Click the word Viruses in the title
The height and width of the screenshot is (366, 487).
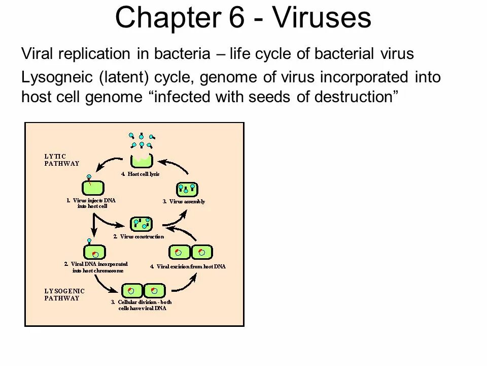321,18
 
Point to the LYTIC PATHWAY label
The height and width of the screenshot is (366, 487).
60,160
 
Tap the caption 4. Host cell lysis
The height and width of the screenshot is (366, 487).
140,173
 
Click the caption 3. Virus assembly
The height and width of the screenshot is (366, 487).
184,201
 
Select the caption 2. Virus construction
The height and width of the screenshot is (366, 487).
138,236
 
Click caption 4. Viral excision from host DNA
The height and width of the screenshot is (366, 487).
188,266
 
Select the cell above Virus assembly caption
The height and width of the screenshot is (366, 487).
186,190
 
